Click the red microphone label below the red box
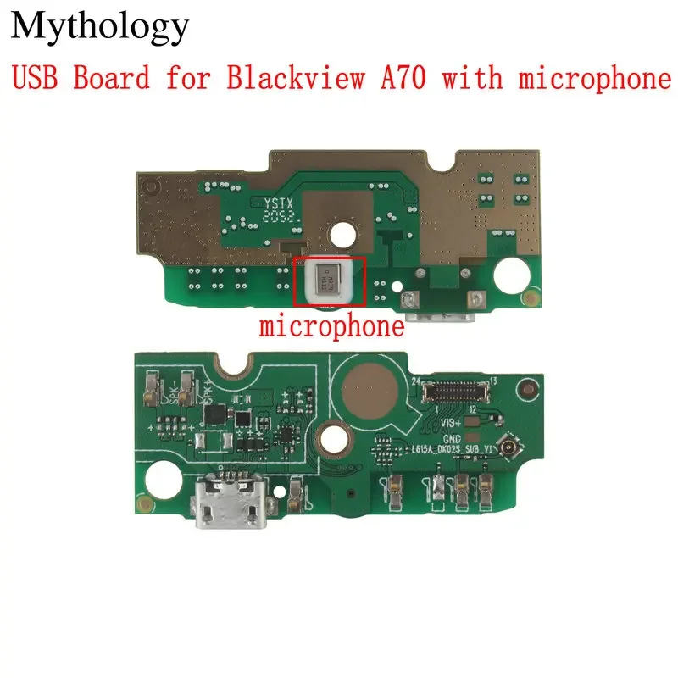pos(331,326)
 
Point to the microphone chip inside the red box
pos(325,281)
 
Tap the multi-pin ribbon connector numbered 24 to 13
pos(458,391)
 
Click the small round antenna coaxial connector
pos(535,447)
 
